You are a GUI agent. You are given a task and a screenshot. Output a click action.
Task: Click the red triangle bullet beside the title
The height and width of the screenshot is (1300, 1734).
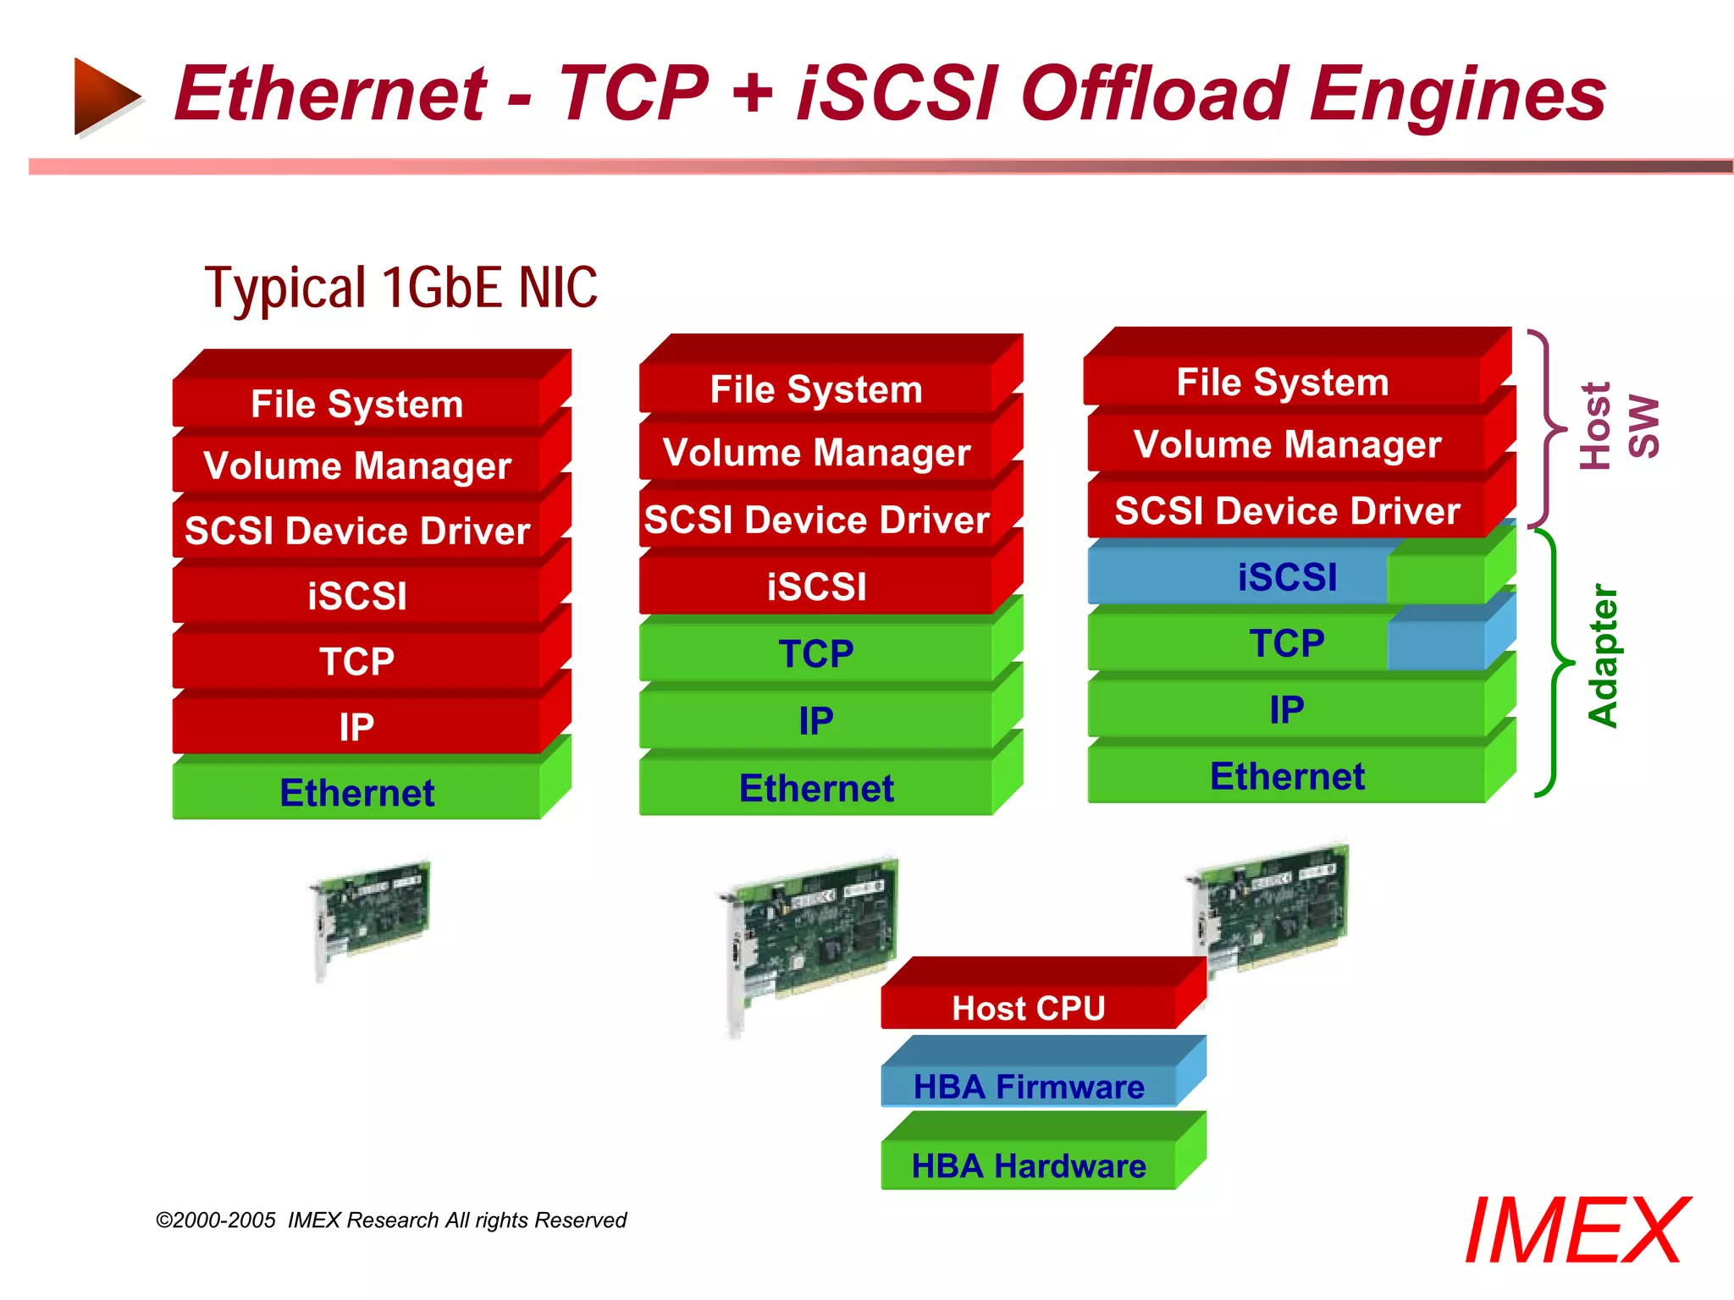pos(106,95)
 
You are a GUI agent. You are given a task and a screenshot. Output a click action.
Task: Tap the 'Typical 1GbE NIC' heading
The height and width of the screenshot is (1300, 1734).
pos(400,288)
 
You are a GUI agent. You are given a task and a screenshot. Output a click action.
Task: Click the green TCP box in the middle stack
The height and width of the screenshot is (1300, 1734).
pos(816,653)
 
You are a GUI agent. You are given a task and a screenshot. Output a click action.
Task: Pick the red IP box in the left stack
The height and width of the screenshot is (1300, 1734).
pos(356,726)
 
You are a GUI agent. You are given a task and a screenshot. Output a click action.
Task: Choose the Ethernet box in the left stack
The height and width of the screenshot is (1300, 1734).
pos(356,792)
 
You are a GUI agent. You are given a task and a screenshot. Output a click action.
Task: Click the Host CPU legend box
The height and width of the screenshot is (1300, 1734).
pos(1029,1007)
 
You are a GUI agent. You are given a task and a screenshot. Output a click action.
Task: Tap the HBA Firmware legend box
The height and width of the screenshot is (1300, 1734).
pos(1029,1086)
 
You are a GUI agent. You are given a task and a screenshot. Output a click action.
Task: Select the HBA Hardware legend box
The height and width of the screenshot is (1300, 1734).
pos(1029,1165)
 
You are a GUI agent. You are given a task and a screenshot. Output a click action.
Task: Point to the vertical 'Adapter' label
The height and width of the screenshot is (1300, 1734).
pos(1603,656)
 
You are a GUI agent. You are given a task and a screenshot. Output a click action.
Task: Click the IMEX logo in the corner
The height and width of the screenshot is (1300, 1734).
pos(1576,1231)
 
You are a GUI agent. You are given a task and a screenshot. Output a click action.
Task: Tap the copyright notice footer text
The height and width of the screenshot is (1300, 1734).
pos(391,1220)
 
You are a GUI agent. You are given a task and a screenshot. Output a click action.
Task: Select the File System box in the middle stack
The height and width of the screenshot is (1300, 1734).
pos(816,389)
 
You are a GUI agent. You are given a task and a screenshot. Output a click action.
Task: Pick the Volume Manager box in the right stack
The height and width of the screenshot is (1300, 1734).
pos(1287,444)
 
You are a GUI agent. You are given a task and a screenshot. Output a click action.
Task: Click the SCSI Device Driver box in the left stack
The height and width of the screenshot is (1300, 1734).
pos(356,531)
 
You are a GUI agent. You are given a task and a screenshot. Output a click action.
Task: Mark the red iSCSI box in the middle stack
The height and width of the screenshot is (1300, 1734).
pos(816,587)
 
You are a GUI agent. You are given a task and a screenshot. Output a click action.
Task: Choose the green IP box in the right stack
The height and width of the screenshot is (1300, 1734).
pos(1287,709)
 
